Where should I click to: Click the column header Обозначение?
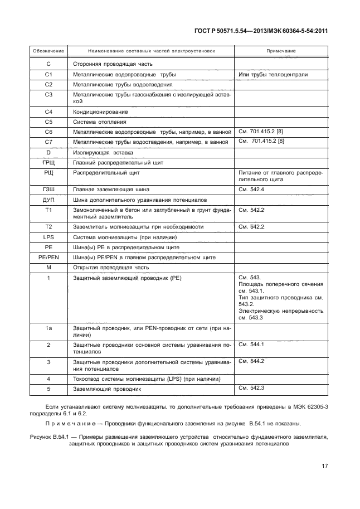coord(48,51)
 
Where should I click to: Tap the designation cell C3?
coord(48,95)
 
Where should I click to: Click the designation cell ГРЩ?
coord(48,162)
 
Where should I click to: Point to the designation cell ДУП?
coord(48,200)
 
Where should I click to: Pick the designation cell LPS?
coord(48,237)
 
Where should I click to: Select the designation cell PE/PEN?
coord(48,258)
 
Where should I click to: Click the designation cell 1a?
coord(48,329)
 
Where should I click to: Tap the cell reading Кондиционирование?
coord(99,112)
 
